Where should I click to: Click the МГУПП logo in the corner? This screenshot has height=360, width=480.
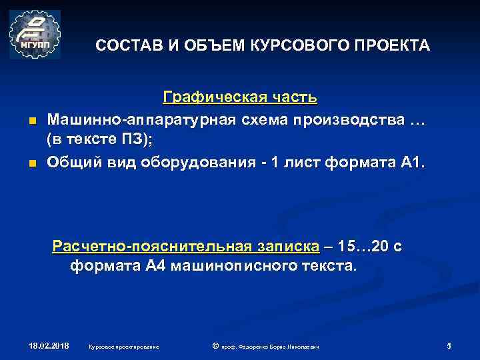[35, 35]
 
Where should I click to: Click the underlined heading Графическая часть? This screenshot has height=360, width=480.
[240, 98]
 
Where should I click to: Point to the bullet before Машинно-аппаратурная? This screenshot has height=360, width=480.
[31, 121]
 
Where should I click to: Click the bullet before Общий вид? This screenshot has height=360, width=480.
[31, 163]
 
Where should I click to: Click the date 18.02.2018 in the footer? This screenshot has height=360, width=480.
[49, 346]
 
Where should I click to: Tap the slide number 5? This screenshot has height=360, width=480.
[449, 346]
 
